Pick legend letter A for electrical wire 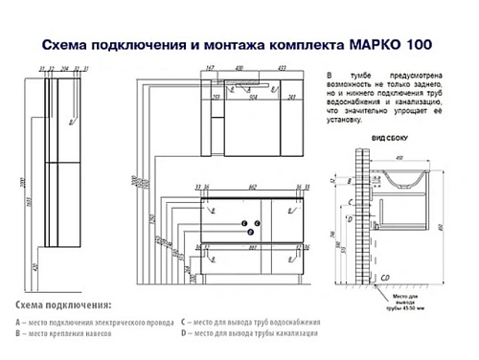[x=20, y=323]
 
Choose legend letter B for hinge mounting [x=20, y=335]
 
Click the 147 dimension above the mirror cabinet [x=209, y=68]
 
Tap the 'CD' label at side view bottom [x=385, y=277]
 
